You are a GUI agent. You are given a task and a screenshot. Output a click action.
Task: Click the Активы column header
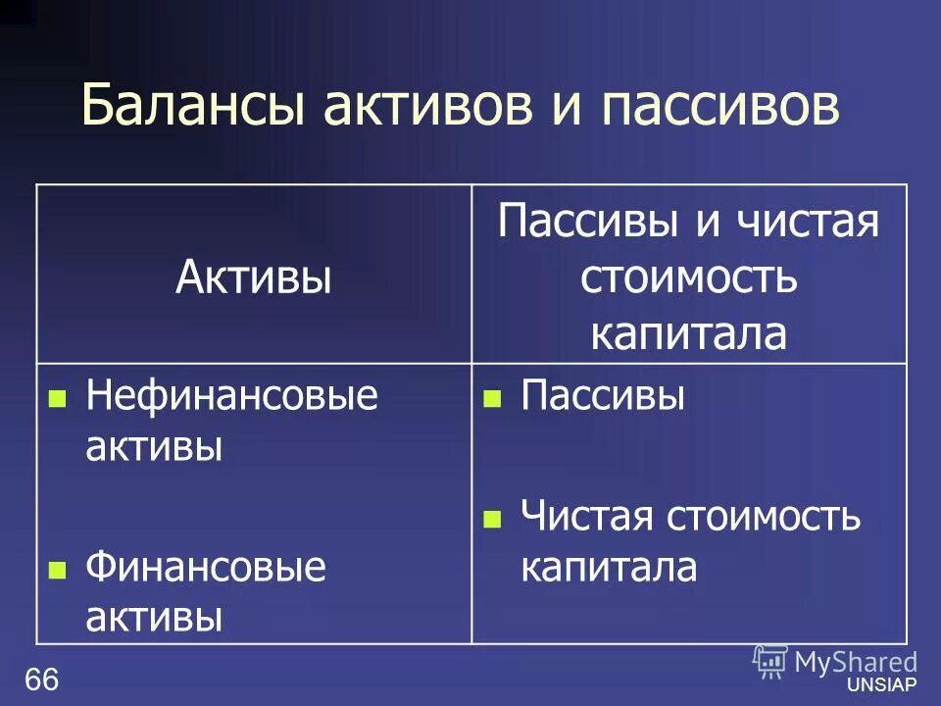253,277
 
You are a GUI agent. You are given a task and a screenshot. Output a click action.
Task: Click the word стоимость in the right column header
688,278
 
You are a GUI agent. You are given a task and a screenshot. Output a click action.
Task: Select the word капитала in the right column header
688,333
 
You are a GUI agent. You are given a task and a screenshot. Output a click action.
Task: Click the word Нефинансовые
231,396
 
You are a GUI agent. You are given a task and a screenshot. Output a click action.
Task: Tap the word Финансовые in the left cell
205,567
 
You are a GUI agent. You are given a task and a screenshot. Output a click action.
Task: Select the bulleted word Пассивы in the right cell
603,396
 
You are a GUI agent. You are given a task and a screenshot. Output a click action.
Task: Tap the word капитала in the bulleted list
609,568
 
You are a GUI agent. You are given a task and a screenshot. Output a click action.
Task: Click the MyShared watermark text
855,661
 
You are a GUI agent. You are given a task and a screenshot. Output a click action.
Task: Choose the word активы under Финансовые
154,618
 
